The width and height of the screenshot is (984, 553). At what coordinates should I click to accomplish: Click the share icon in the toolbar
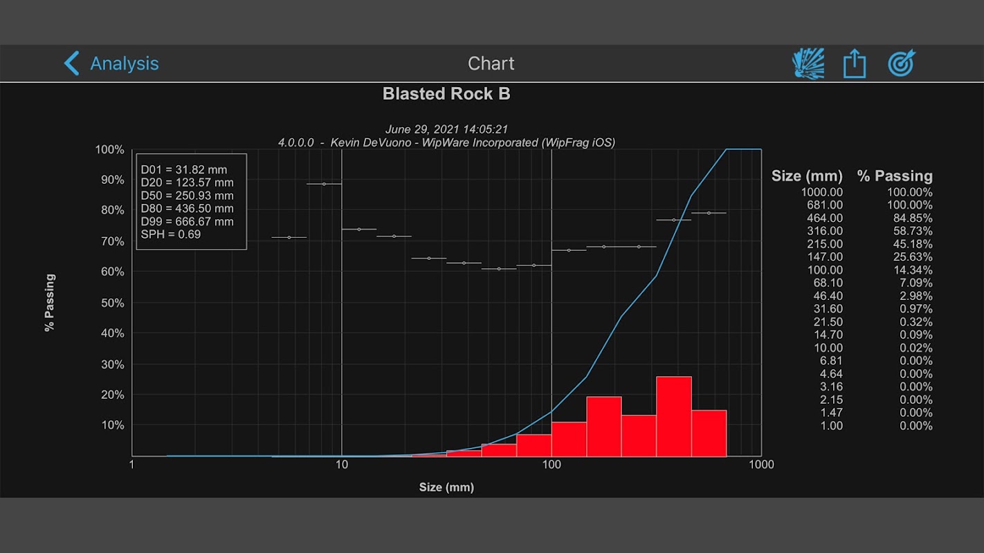pyautogui.click(x=855, y=64)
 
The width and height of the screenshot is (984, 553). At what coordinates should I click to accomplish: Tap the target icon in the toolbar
pyautogui.click(x=902, y=64)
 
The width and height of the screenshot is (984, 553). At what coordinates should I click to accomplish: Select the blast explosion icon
pyautogui.click(x=808, y=64)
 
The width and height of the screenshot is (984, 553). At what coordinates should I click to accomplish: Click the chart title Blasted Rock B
pyautogui.click(x=446, y=94)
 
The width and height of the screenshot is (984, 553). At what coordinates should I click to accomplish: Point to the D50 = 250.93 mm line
pyautogui.click(x=187, y=196)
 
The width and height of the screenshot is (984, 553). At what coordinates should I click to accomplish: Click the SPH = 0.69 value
pyautogui.click(x=170, y=234)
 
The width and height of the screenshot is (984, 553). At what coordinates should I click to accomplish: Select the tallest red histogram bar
pyautogui.click(x=674, y=416)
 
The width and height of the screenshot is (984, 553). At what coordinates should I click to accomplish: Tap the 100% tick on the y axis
pyautogui.click(x=110, y=150)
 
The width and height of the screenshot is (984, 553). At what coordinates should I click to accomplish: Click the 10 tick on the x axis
pyautogui.click(x=342, y=465)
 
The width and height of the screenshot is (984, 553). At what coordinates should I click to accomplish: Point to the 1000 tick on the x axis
pyautogui.click(x=761, y=465)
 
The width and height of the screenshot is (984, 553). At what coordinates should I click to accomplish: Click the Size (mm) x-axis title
pyautogui.click(x=446, y=487)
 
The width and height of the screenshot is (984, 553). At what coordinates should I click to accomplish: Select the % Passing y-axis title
pyautogui.click(x=50, y=303)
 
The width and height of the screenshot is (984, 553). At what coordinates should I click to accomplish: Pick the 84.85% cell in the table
pyautogui.click(x=909, y=218)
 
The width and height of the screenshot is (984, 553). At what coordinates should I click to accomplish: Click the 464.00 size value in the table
pyautogui.click(x=822, y=218)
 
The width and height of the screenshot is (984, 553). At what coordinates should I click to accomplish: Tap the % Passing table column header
pyautogui.click(x=894, y=176)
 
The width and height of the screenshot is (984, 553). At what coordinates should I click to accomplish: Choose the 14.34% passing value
pyautogui.click(x=909, y=270)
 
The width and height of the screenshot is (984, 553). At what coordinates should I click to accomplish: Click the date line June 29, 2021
pyautogui.click(x=446, y=129)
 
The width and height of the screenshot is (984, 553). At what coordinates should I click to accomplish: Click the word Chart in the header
pyautogui.click(x=491, y=64)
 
